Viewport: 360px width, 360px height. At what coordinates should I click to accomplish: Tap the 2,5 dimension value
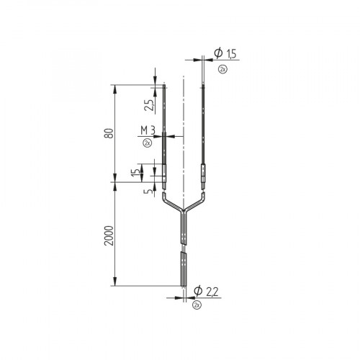pos(148,105)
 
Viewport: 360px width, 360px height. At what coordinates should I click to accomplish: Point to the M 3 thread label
pos(149,130)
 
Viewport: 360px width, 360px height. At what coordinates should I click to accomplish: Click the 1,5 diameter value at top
pos(231,54)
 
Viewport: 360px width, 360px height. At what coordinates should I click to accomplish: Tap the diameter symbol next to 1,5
pos(217,54)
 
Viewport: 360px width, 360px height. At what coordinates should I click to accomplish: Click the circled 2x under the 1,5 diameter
pos(222,68)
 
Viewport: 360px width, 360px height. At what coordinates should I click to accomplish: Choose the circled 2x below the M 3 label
pos(147,143)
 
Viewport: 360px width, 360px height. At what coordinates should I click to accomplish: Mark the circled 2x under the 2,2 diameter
pos(197,305)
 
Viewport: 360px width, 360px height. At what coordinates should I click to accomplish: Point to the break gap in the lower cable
pos(184,248)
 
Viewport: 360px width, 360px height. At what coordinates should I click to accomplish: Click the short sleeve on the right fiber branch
pos(204,174)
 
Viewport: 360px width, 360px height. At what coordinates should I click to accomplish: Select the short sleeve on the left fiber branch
pos(164,174)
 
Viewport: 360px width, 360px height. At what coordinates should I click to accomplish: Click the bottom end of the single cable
pos(184,286)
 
